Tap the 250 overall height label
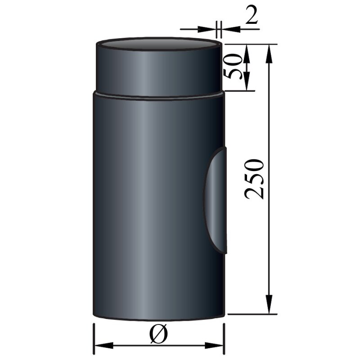coord(255,179)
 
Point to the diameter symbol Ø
coord(158,334)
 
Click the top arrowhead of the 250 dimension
coord(269,51)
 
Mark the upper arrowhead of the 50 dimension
coord(247,50)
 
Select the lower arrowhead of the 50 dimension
coord(247,85)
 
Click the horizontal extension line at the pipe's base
coord(252,314)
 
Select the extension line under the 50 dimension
coord(238,90)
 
